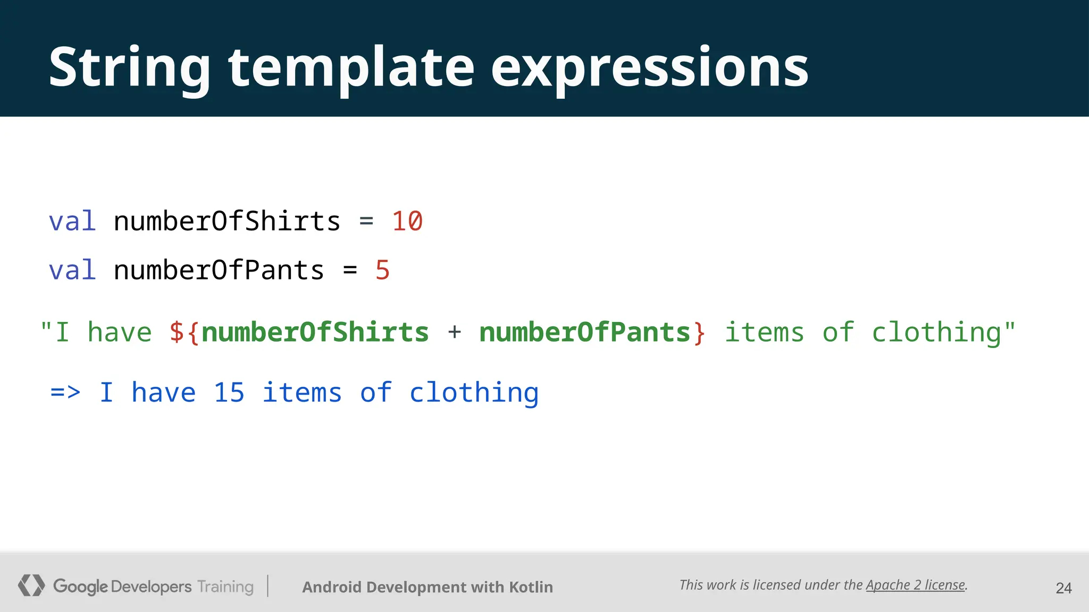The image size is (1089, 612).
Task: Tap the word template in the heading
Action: [351, 68]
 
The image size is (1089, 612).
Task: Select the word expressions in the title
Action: [649, 68]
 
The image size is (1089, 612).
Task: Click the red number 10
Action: [407, 221]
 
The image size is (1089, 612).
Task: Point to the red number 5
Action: [382, 270]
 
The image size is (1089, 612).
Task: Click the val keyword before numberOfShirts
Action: [72, 221]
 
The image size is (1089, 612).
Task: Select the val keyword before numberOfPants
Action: [72, 270]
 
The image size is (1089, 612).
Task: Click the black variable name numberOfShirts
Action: [227, 221]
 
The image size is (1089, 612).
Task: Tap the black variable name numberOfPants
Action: [219, 270]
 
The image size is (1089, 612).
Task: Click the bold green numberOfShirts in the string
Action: [315, 333]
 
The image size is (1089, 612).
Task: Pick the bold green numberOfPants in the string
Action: [584, 333]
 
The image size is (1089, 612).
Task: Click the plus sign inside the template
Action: [454, 333]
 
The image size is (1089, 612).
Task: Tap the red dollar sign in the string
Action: [177, 333]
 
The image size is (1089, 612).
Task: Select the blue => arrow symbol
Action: [65, 393]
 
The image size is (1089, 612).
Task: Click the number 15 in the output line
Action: [229, 393]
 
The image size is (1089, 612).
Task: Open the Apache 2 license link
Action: [915, 585]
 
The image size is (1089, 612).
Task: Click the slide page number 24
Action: [1063, 588]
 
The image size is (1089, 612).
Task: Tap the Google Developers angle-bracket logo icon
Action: [31, 585]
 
